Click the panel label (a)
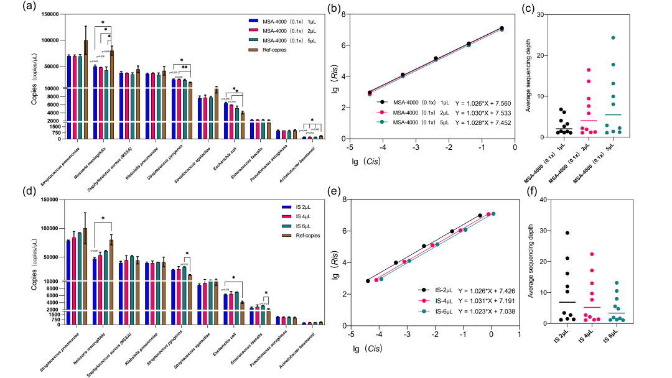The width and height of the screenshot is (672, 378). (x=27, y=9)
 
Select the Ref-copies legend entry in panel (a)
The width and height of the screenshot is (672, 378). (x=278, y=50)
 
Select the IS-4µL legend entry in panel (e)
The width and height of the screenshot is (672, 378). (x=429, y=299)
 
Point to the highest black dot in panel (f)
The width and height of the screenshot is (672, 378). (x=568, y=233)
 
